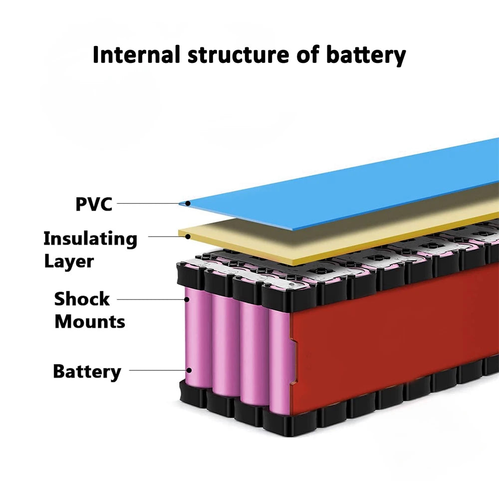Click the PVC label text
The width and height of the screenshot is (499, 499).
[94, 204]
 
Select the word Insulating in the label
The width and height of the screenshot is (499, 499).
[90, 239]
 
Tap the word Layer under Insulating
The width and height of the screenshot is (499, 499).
[68, 261]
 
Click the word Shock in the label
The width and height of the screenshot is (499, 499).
[82, 299]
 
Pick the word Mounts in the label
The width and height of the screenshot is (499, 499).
[90, 322]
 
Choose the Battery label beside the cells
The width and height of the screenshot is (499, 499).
[87, 372]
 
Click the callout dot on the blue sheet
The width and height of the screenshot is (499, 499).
[187, 203]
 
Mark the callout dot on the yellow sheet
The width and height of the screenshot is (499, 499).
[188, 236]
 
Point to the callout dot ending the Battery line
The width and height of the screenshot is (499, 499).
[190, 371]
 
